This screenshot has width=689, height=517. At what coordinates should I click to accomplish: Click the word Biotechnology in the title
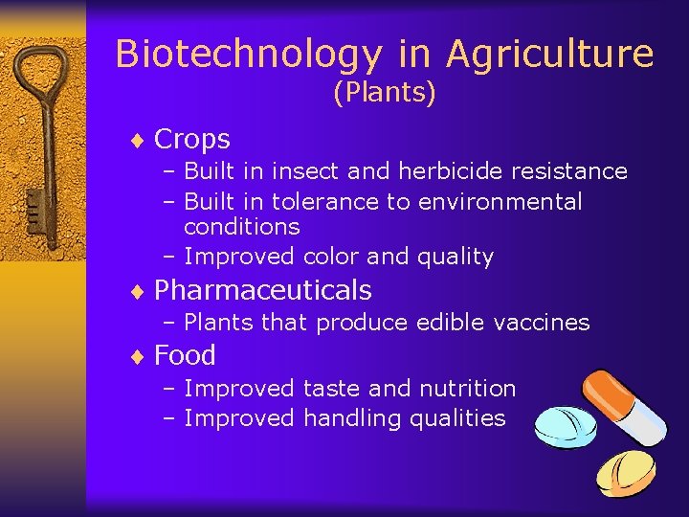[x=247, y=55]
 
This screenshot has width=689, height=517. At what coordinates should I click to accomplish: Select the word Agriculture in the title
[x=549, y=55]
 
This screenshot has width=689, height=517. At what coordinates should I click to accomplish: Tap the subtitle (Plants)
[x=384, y=94]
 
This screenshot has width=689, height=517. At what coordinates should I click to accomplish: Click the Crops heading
[x=191, y=140]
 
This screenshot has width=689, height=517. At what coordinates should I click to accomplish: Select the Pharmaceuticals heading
[x=262, y=290]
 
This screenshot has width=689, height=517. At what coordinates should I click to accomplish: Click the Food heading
[x=185, y=356]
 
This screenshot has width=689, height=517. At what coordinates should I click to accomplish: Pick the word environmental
[x=500, y=202]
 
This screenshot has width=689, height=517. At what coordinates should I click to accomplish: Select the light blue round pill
[x=564, y=427]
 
